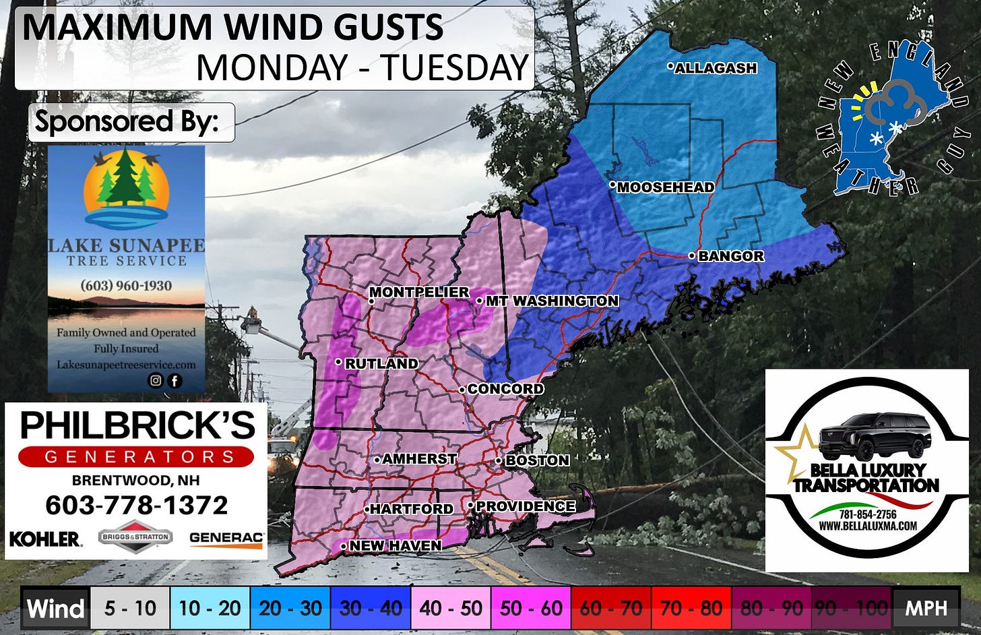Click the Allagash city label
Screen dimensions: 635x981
pos(715,68)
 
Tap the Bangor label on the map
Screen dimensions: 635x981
pos(730,256)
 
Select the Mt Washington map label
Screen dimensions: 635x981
pos(551,301)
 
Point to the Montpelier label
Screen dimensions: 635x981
pos(418,292)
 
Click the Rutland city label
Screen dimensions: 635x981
pos(381,363)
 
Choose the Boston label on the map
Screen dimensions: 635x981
pos(536,460)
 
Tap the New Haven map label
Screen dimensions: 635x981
pos(395,545)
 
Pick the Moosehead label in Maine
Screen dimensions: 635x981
pos(665,187)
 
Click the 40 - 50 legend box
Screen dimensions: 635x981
pos(451,609)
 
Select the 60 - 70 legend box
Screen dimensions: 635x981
pos(611,609)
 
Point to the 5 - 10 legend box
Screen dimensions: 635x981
pos(130,609)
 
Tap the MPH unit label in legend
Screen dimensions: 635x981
pos(926,609)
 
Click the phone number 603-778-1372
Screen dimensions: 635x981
pos(137,505)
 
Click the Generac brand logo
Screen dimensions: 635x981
pos(226,538)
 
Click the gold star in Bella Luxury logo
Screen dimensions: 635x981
pos(795,448)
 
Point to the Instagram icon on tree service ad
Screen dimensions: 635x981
pos(156,380)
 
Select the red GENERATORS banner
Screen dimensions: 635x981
pos(136,456)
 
